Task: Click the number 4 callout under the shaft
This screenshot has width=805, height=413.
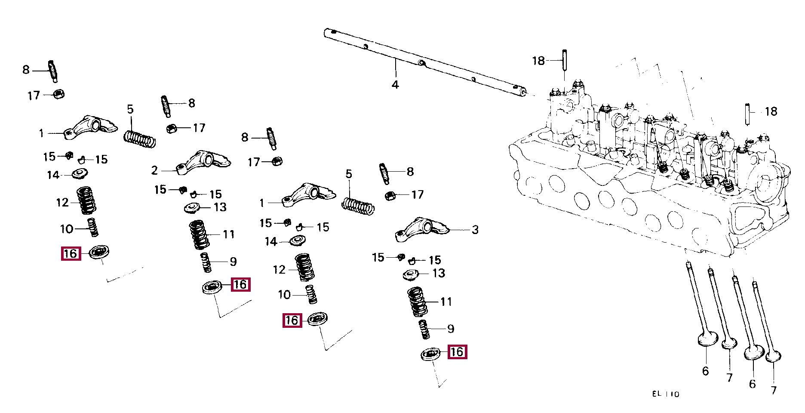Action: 395,85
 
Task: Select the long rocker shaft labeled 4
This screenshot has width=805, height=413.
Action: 425,62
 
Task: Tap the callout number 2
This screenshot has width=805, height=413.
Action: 155,170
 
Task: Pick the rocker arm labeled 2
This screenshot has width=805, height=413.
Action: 203,162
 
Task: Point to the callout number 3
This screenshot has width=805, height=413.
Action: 475,230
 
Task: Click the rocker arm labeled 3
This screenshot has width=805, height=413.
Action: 422,229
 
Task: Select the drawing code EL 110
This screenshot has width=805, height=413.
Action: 666,394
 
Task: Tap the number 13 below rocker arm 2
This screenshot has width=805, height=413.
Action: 220,207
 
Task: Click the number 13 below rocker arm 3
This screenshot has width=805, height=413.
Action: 439,273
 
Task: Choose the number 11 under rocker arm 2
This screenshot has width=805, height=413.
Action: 229,234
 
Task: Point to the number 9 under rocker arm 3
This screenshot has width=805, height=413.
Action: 451,329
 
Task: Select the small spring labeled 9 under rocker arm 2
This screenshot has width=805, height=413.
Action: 206,262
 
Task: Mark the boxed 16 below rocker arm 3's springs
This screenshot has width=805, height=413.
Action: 457,352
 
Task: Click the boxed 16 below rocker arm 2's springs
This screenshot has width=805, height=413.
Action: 240,284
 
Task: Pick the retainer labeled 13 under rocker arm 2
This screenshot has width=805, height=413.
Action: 193,208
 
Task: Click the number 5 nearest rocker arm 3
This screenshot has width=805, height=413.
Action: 349,174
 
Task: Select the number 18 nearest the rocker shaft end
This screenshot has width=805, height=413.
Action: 538,61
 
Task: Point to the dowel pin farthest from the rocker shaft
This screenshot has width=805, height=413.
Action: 749,114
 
